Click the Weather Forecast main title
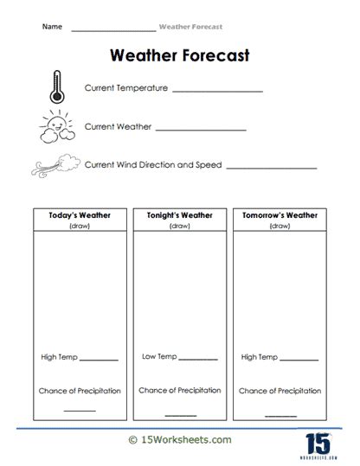[180, 56]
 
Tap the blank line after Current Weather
[201, 129]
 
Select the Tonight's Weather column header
[179, 215]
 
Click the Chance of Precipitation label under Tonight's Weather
[179, 390]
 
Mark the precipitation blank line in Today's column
[80, 410]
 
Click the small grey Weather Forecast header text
[190, 27]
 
